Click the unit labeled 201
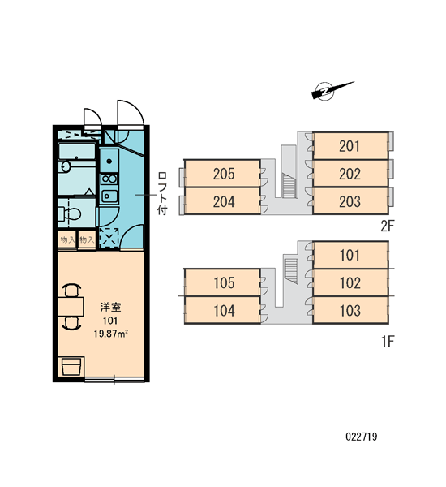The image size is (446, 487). point(350,146)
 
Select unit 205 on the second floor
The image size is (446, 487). point(222,174)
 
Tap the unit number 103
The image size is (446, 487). point(350,311)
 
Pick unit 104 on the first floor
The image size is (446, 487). point(222,310)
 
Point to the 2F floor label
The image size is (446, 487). point(387,226)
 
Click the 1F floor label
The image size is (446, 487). point(388,342)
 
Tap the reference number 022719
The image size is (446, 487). point(362,437)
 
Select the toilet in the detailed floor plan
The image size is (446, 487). point(70,213)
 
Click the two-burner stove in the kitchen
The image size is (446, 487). point(109,179)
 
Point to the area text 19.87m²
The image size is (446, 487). point(111,334)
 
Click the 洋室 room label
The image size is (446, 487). point(110,307)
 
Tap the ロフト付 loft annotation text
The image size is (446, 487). point(162,193)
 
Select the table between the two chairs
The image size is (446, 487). point(71,307)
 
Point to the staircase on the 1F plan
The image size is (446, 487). point(291,271)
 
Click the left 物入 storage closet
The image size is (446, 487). point(67,239)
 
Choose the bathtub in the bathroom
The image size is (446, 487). point(77,152)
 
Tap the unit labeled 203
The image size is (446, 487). point(350,201)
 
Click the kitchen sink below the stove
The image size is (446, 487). point(109,196)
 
